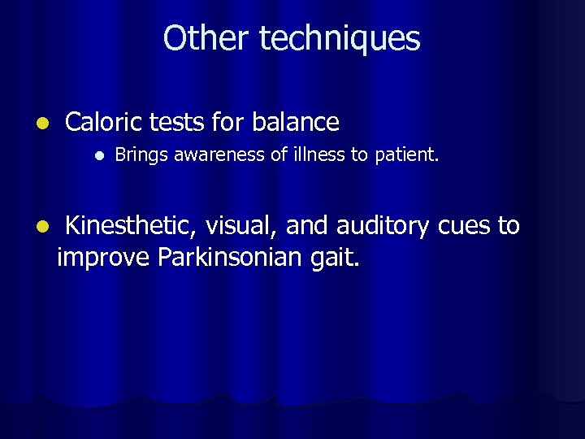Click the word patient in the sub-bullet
(405, 154)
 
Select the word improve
(104, 258)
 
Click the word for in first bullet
(230, 122)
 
